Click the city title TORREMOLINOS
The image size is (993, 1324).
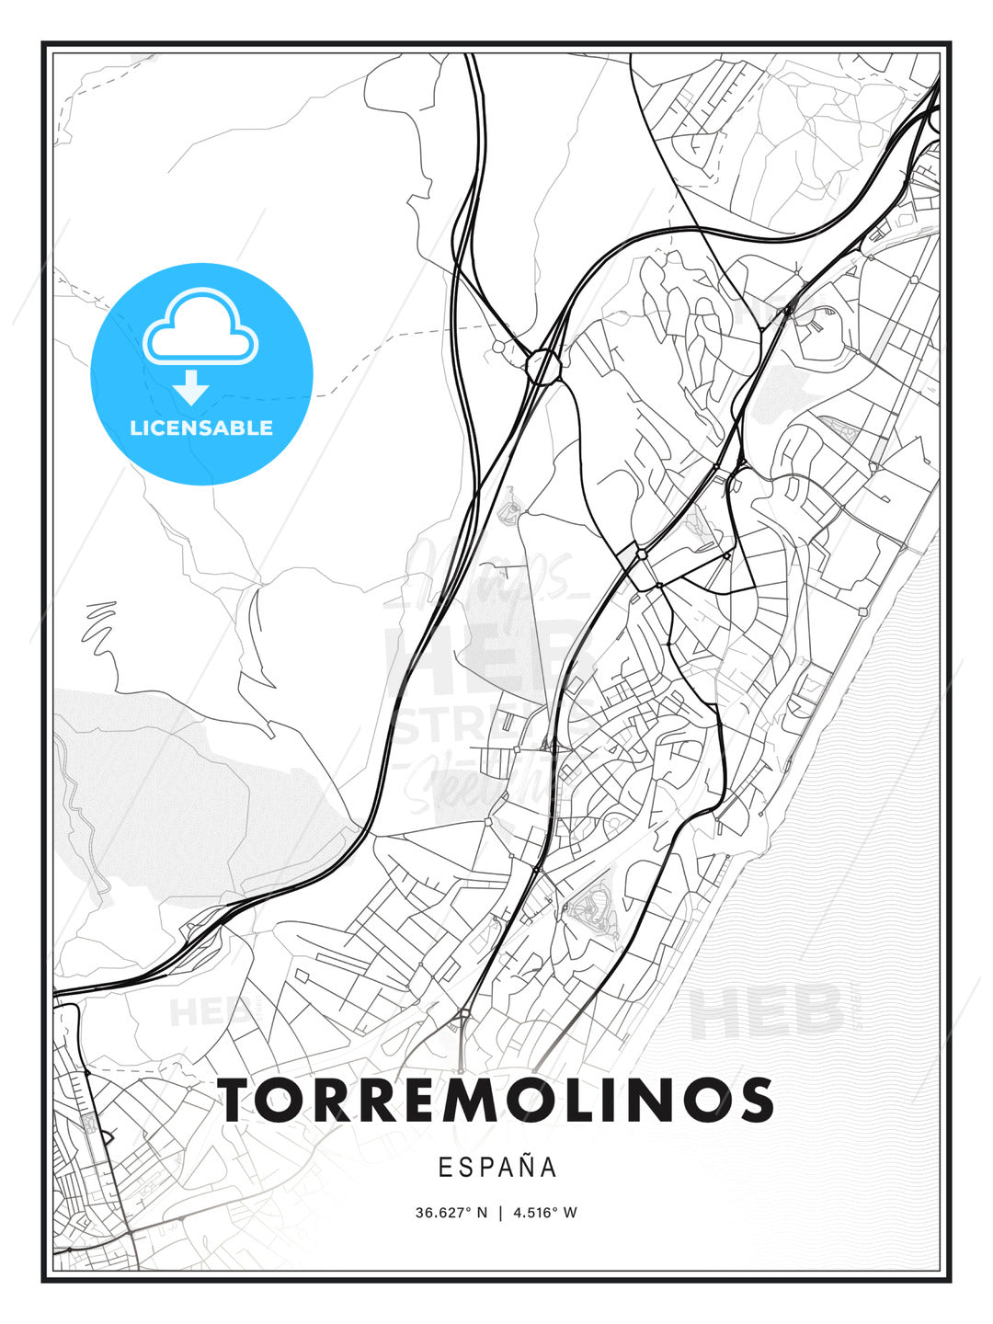[x=496, y=1100]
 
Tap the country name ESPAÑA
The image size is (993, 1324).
[x=496, y=1167]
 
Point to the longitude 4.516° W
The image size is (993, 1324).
[x=545, y=1213]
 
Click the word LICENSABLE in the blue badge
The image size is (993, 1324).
[x=201, y=428]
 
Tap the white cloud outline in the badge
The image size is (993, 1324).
[x=201, y=327]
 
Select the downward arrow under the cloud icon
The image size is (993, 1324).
[x=191, y=387]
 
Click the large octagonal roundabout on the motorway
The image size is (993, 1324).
[x=542, y=367]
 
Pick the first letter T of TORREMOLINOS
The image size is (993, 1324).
[x=237, y=1100]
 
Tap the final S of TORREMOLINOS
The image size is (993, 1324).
[x=754, y=1100]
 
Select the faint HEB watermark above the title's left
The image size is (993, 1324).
[x=198, y=1012]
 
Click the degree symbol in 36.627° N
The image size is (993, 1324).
[x=467, y=1209]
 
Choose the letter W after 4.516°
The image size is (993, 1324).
[x=570, y=1213]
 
